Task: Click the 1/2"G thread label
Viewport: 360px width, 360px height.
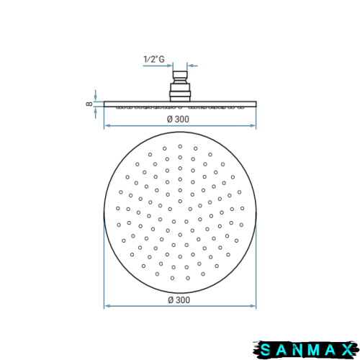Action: tap(154, 59)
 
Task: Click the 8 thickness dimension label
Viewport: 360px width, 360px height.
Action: tap(89, 104)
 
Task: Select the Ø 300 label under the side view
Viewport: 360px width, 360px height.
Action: tap(178, 119)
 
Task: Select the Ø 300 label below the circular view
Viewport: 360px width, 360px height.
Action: tap(179, 300)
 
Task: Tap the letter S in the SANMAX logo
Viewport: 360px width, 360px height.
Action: tap(265, 350)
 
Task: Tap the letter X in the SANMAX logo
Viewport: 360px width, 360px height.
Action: tap(348, 350)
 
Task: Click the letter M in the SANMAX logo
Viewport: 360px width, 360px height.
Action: tap(314, 350)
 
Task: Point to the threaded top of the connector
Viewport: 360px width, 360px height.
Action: tap(180, 77)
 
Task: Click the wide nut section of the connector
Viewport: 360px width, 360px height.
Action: tap(180, 92)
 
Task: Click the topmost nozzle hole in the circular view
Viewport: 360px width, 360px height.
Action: tap(180, 146)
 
